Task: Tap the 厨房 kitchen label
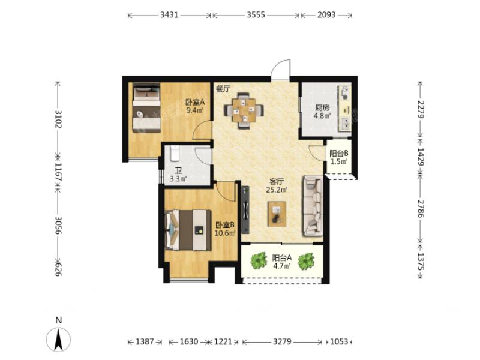point(322,107)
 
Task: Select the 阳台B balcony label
point(339,154)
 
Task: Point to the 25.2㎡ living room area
point(277,190)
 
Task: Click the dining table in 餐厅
point(244,110)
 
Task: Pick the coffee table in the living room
point(277,214)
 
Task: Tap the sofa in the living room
point(313,205)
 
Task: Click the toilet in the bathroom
point(175,154)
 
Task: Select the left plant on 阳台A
point(259,260)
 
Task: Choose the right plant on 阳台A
point(306,261)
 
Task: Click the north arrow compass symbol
point(58,339)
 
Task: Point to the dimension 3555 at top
point(256,14)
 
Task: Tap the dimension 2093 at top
point(326,14)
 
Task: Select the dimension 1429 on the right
point(421,157)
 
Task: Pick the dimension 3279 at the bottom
point(282,341)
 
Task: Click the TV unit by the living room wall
point(245,210)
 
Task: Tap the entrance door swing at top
point(280,70)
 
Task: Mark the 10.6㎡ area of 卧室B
point(225,233)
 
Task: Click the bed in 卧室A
point(146,107)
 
